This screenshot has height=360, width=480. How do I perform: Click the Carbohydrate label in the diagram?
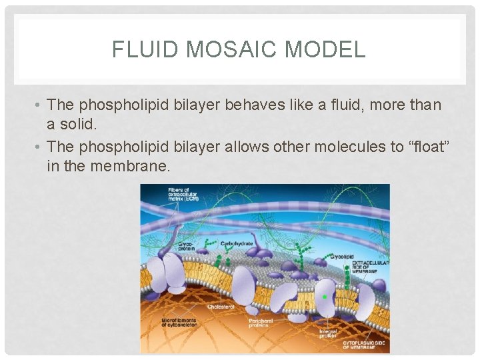(237, 243)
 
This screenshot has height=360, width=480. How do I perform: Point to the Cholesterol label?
(221, 307)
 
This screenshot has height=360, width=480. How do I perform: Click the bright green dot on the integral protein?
(325, 296)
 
